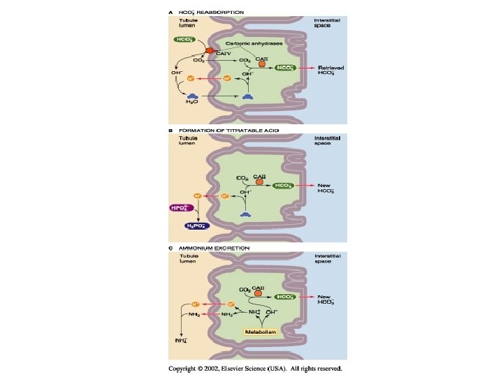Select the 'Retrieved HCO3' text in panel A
coord(329,71)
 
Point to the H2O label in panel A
coord(191,103)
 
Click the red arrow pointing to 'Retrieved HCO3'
coord(305,68)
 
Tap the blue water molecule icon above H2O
coord(191,94)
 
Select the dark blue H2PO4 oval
coord(197,226)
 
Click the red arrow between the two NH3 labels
coord(212,315)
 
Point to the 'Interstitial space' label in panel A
coord(327,23)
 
